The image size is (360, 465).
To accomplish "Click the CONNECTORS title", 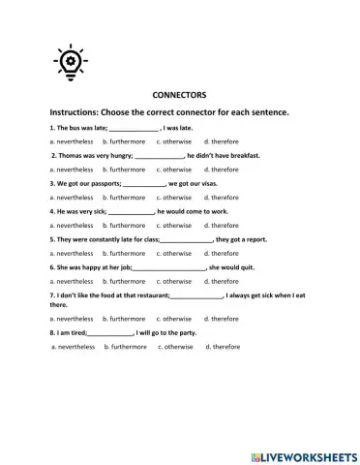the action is [180, 96].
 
